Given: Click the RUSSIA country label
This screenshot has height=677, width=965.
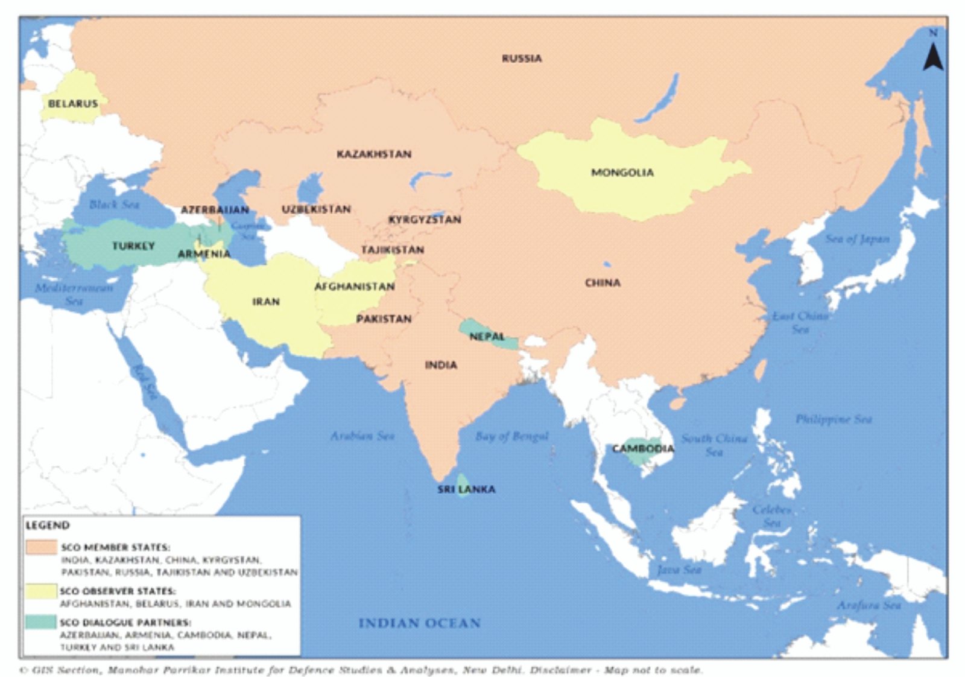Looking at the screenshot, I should tap(522, 59).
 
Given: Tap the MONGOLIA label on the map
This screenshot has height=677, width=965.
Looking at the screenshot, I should tap(622, 173).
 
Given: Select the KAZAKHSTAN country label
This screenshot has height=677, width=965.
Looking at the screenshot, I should tap(374, 154).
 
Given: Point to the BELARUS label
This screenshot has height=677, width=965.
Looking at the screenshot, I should tap(73, 104).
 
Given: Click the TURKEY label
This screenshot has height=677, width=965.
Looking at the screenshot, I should tap(133, 246).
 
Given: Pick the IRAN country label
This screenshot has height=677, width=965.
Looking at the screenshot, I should tap(266, 301).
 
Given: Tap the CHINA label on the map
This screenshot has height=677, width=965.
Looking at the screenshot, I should tap(603, 282).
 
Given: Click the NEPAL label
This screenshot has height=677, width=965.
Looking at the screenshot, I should tap(487, 336).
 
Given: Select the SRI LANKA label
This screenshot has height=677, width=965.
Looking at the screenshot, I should tap(466, 489).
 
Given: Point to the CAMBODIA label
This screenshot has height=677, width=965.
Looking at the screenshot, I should tap(643, 448).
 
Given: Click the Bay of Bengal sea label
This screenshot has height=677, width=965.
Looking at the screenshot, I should tap(511, 436).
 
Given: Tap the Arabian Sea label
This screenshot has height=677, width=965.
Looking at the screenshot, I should tap(362, 435).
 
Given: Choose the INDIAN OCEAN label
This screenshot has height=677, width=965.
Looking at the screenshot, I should tap(419, 623).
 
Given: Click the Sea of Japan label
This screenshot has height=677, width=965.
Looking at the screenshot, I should tap(857, 239).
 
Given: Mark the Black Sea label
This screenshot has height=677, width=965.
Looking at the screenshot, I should tap(115, 205).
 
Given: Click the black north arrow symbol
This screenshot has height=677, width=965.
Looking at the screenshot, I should tap(933, 57).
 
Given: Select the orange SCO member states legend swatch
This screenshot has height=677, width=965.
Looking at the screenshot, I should tap(41, 547).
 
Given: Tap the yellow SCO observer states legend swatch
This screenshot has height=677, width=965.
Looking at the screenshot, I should tap(41, 591).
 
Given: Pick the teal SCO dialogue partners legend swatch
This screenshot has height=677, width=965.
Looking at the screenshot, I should tap(41, 622).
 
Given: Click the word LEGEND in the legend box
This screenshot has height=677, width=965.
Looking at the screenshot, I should tap(48, 526).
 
